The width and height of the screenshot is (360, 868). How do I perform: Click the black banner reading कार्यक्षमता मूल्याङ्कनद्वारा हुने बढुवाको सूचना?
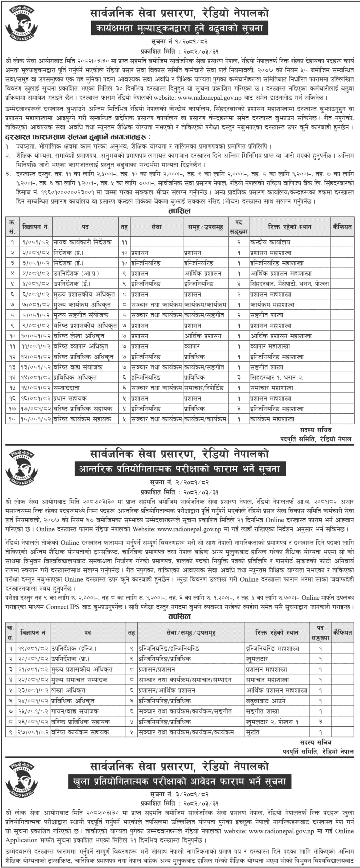pyautogui.click(x=180, y=28)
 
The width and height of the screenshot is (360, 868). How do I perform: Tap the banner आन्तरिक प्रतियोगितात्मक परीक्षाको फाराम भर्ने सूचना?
pyautogui.click(x=180, y=469)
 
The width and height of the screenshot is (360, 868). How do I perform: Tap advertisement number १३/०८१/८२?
pyautogui.click(x=35, y=367)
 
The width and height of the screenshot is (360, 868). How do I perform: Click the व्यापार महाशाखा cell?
pyautogui.click(x=270, y=347)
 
